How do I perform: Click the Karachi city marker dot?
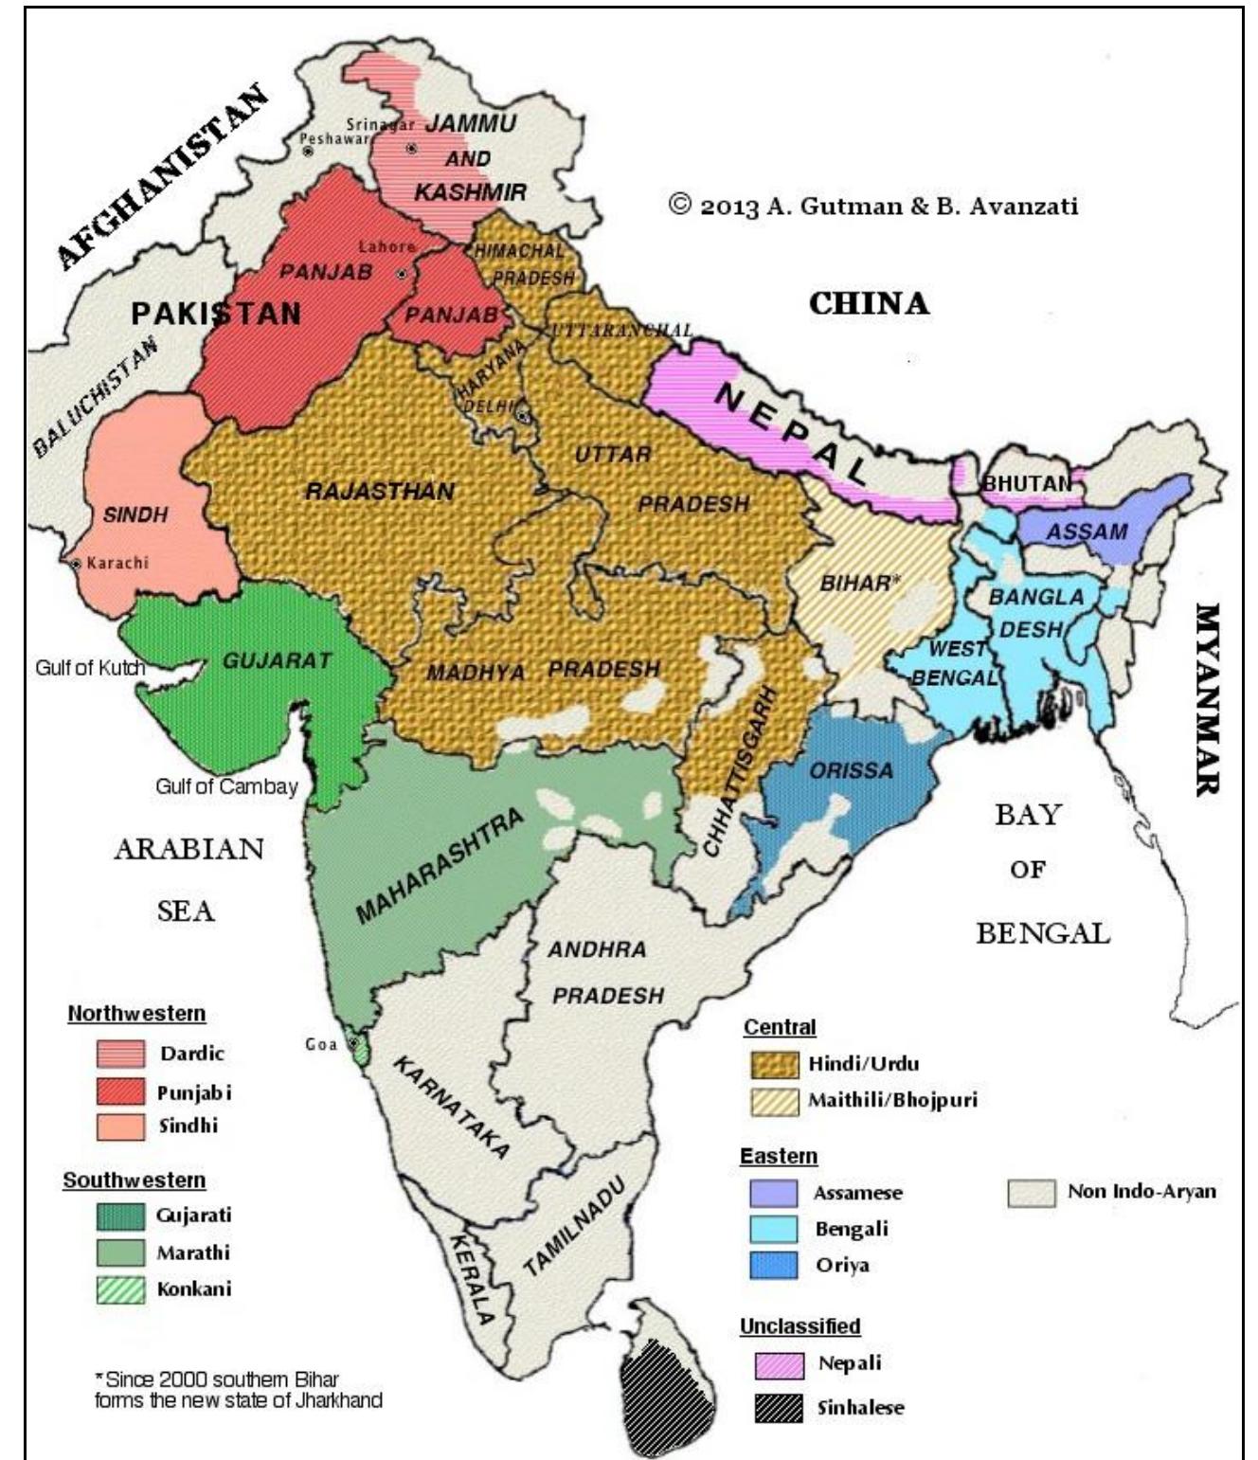pos(76,564)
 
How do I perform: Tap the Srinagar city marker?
pos(412,149)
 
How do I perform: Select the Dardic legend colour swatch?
pos(120,1054)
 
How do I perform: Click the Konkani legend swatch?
pos(120,1289)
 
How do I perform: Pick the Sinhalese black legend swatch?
pos(779,1408)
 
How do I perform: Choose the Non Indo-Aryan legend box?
pos(1031,1193)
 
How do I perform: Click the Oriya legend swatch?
pos(773,1266)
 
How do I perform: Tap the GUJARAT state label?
pos(277,660)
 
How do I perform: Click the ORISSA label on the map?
pos(851,770)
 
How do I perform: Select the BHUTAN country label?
pos(1026,484)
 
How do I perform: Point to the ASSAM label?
pos(1087,532)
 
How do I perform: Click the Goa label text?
pos(320,1044)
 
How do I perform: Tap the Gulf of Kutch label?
pos(90,668)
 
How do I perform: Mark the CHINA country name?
pos(869,304)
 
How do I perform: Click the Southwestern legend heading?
pos(134,1181)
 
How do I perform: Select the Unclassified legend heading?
pos(800,1326)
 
